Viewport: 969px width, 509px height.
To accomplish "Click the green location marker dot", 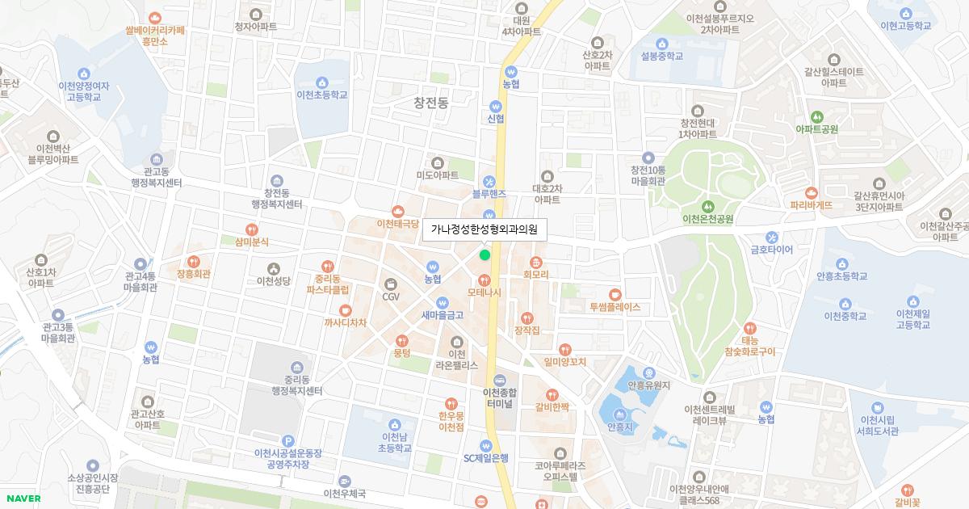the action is click(484, 255).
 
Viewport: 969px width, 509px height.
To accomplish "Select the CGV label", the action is click(391, 296).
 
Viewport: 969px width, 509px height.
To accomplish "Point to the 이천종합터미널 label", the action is click(499, 398).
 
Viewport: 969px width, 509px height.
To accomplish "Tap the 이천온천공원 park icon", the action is click(707, 206).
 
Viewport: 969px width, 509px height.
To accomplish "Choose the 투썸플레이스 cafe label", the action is click(615, 307).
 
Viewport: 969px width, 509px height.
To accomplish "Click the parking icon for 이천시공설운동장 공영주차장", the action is click(288, 440).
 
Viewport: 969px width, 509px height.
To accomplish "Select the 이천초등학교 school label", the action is click(322, 95).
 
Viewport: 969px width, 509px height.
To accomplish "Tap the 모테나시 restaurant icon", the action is click(484, 279).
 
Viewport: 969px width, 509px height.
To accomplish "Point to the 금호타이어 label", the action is click(771, 250).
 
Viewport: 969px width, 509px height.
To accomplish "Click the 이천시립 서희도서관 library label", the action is click(879, 425).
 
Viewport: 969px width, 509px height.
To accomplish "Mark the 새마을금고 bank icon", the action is click(442, 303).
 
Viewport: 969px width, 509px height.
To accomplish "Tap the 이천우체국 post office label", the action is click(344, 493).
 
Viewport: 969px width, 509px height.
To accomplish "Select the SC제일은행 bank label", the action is click(485, 457).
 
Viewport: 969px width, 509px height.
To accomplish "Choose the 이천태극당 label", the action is click(397, 223).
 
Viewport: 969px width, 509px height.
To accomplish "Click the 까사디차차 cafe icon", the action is click(345, 309).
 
